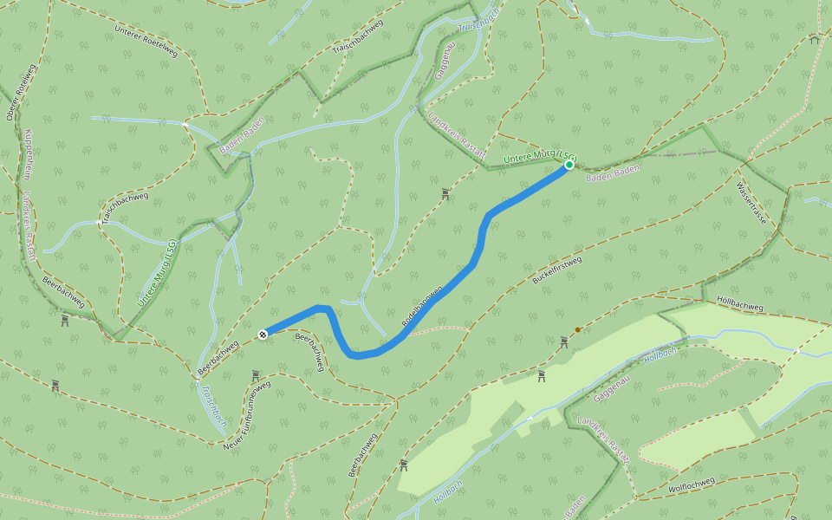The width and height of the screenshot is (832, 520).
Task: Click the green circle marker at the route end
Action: click(x=569, y=164)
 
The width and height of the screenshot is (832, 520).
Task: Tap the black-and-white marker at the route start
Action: click(x=262, y=333)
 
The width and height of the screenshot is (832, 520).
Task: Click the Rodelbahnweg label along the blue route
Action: click(x=422, y=306)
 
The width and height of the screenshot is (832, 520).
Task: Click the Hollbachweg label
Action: click(x=740, y=302)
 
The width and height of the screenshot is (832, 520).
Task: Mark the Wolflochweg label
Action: click(x=692, y=485)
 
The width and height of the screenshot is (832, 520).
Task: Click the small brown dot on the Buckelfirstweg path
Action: click(x=577, y=330)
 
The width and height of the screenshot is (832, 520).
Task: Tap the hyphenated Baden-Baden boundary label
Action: click(x=241, y=136)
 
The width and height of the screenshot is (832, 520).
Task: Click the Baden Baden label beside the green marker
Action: click(x=613, y=171)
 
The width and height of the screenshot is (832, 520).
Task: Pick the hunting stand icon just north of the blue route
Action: click(x=445, y=193)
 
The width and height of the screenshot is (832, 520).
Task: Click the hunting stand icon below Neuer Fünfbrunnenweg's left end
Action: click(x=255, y=375)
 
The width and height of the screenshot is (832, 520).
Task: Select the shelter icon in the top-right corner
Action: click(x=814, y=39)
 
